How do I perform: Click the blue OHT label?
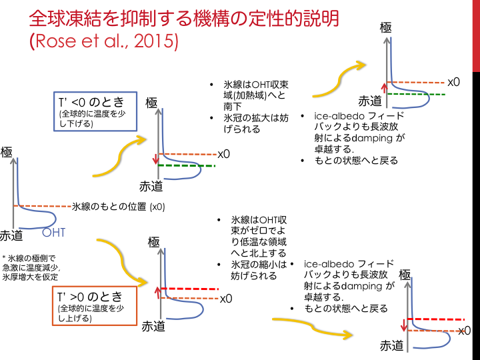point(53,233)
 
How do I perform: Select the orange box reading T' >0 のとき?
point(91,306)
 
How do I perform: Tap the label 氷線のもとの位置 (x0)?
point(118,207)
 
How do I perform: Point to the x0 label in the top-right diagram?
point(454,82)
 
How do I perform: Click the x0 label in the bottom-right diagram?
point(464,330)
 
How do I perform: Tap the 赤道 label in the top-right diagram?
point(370,101)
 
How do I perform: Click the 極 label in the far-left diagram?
point(7,153)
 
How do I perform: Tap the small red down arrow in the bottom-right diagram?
point(403,325)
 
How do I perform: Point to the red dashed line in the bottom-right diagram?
point(437,319)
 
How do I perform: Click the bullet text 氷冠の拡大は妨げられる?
point(247,123)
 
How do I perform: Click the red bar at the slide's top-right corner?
point(476,33)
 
